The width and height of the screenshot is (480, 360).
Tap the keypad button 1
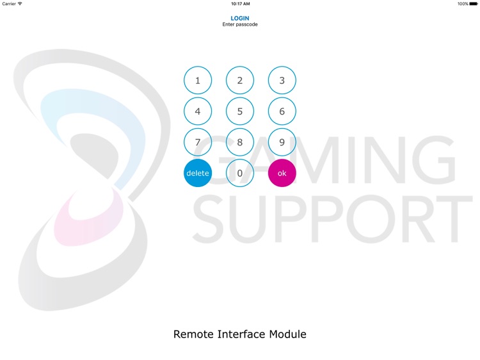point(198,81)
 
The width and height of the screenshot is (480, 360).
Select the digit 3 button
point(282,81)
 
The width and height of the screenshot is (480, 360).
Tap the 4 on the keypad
point(198,111)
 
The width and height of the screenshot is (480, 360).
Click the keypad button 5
point(240,111)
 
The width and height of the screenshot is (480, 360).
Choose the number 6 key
point(282,111)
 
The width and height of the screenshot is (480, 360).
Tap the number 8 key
point(240,142)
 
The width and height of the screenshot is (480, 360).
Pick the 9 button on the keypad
point(282,142)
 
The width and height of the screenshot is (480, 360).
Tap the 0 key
point(240,173)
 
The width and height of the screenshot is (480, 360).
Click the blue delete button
point(198,173)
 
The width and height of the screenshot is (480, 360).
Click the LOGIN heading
point(240,19)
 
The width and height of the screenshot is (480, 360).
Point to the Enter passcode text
point(240,24)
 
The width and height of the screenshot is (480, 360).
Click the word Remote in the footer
point(194,334)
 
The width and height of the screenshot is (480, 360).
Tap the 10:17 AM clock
point(240,4)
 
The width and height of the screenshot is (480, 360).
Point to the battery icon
point(474,4)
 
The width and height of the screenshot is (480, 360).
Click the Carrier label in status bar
point(9,4)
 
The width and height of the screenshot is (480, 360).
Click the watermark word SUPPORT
point(333,220)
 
